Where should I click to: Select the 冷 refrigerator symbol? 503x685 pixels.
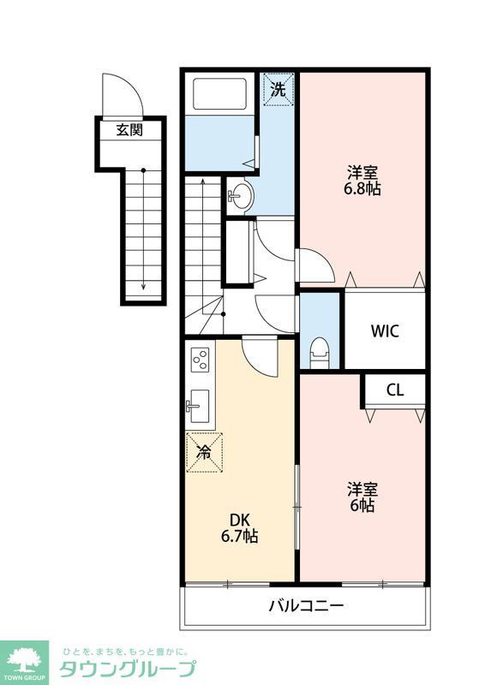point(204,450)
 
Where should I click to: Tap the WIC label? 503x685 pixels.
point(384,331)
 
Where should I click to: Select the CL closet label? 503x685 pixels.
point(394,390)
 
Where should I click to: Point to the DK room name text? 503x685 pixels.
point(237,519)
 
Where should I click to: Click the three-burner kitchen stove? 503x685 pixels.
point(201,359)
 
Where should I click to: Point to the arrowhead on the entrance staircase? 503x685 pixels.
point(143,288)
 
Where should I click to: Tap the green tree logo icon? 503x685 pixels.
point(27,660)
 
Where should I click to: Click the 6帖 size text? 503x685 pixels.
point(362,505)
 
